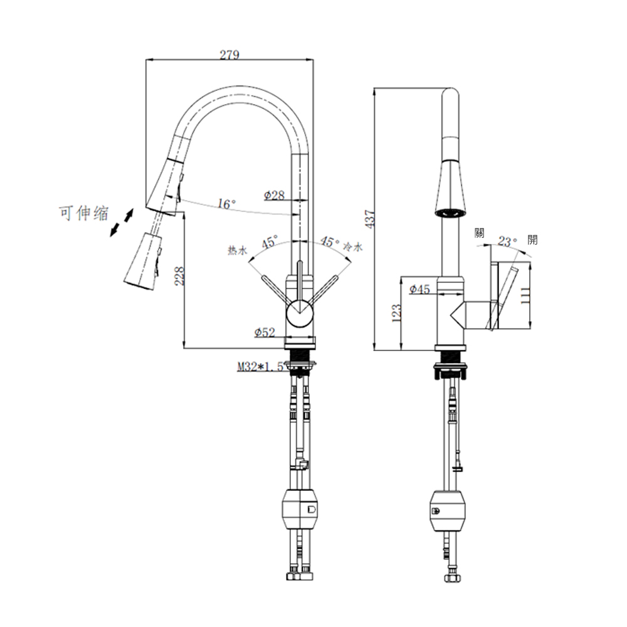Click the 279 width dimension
(229, 55)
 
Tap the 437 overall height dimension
(371, 219)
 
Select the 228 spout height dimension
(179, 275)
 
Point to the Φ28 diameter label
(275, 195)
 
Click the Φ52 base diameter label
(265, 332)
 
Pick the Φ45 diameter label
(419, 288)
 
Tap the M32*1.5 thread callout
(260, 366)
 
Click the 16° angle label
(226, 204)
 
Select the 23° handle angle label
(507, 241)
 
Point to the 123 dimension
(396, 313)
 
